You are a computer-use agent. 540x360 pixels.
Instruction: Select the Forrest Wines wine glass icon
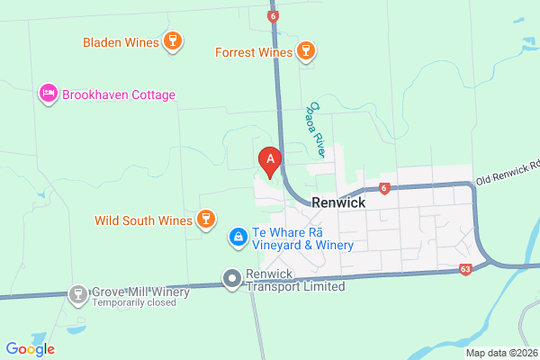pyautogui.click(x=307, y=51)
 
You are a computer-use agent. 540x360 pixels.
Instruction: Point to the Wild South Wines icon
pyautogui.click(x=206, y=220)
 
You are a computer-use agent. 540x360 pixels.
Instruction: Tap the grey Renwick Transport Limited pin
pyautogui.click(x=232, y=279)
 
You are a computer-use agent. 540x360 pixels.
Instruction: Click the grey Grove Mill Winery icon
pyautogui.click(x=78, y=293)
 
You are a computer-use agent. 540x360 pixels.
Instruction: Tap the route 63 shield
pyautogui.click(x=465, y=269)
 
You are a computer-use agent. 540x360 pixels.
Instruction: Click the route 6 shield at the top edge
pyautogui.click(x=273, y=15)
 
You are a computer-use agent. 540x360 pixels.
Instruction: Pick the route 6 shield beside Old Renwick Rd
pyautogui.click(x=383, y=188)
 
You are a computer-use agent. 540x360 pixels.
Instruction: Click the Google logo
pyautogui.click(x=30, y=349)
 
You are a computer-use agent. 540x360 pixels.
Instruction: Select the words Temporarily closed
pyautogui.click(x=134, y=303)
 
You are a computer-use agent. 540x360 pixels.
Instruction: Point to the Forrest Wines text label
pyautogui.click(x=254, y=52)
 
